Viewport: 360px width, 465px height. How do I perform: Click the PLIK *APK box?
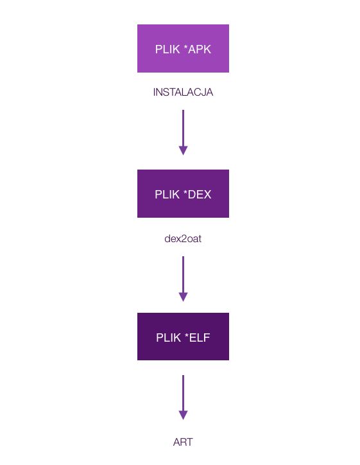point(183,48)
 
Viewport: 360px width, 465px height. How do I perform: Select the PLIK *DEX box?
point(183,194)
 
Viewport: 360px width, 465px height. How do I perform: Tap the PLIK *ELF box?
point(183,337)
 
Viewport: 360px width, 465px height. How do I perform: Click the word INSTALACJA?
point(183,92)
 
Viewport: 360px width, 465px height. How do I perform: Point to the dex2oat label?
point(183,238)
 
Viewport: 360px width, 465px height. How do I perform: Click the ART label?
point(183,442)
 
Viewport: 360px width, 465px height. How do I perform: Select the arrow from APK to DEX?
point(183,132)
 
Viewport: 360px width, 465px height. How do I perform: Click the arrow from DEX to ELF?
point(183,279)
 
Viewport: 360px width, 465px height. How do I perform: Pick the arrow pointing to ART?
point(183,398)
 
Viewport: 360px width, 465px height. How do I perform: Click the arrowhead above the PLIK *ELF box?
point(183,297)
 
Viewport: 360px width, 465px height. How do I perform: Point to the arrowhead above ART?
point(183,415)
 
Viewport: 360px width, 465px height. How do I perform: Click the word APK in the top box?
point(200,49)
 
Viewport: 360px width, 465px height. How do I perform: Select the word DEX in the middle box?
point(200,195)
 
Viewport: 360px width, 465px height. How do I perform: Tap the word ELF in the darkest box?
point(200,337)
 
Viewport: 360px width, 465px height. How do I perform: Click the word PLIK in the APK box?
point(167,49)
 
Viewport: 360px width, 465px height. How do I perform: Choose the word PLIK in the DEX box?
point(167,195)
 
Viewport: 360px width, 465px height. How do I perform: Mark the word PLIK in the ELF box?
point(169,337)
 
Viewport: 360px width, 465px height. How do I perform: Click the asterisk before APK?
point(185,47)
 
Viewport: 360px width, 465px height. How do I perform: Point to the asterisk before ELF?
point(187,335)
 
